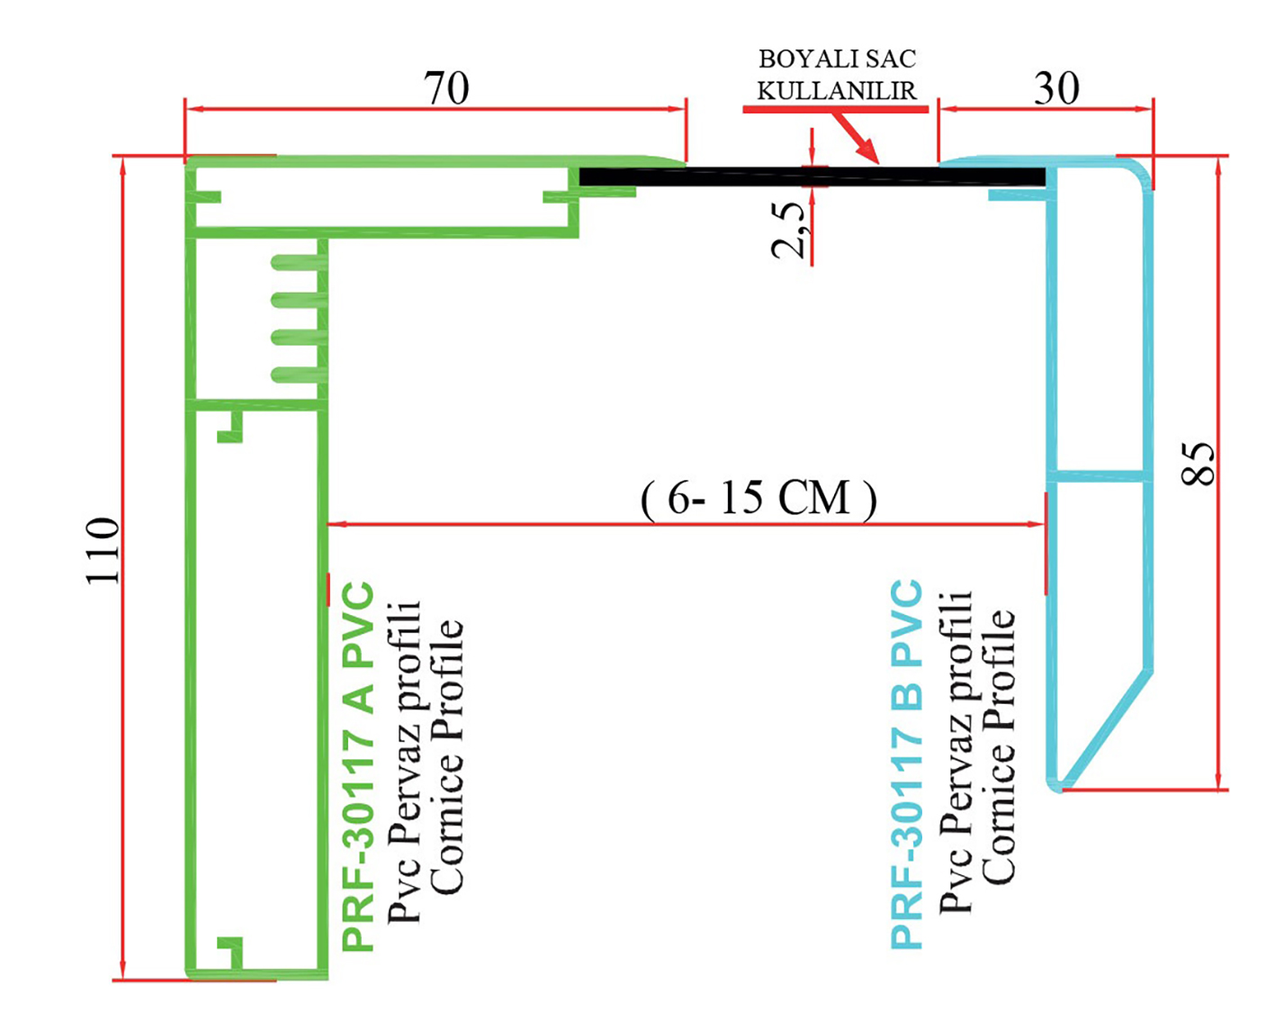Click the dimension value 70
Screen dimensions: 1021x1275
(x=446, y=88)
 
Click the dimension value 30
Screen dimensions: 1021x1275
(x=1056, y=88)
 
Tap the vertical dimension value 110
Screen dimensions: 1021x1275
(x=103, y=550)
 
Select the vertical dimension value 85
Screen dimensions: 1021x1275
(x=1198, y=464)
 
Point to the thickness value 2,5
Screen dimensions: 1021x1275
(x=789, y=230)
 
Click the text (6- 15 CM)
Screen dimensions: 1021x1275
(x=759, y=498)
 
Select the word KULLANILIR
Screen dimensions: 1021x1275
(x=837, y=90)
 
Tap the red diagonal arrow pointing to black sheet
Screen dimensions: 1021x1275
(x=855, y=138)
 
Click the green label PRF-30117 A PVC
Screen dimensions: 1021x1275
(x=358, y=766)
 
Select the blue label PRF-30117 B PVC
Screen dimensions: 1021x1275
(x=906, y=764)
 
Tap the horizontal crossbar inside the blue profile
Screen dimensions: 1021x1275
(x=1099, y=474)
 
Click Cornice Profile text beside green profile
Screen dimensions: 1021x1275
(x=447, y=757)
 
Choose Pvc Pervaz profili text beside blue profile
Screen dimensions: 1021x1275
(x=956, y=753)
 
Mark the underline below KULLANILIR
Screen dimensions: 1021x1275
(x=835, y=109)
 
